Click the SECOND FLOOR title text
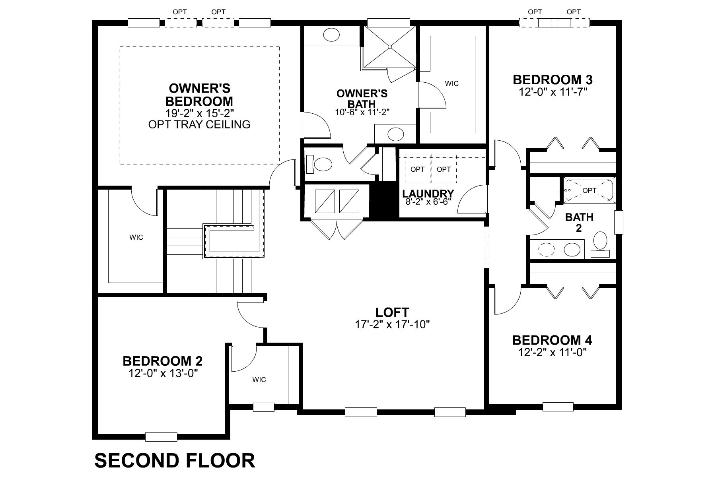175,460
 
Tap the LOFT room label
392,312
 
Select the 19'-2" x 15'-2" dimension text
199,112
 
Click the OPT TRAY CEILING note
199,124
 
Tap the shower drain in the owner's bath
390,47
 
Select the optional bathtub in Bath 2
589,190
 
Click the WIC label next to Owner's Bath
451,83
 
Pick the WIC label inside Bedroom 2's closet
259,380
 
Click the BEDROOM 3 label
553,80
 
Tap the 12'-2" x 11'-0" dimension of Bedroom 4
553,352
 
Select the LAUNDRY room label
428,194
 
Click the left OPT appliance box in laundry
417,169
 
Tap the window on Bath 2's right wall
619,222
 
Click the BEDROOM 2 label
162,361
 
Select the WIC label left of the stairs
136,237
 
